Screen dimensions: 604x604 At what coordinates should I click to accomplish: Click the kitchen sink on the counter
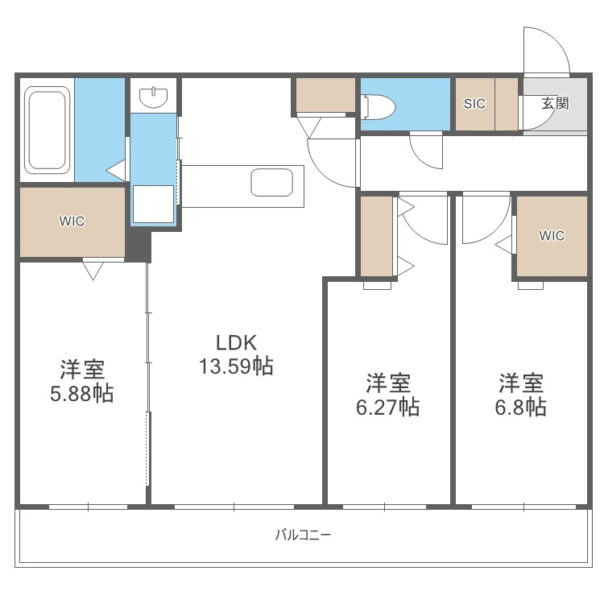(266, 182)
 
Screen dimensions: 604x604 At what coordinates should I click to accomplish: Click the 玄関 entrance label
(555, 103)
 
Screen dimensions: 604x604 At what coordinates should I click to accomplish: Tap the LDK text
(235, 341)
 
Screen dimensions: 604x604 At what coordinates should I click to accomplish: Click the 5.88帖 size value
(81, 394)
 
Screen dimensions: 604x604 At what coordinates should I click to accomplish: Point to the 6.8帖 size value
(520, 407)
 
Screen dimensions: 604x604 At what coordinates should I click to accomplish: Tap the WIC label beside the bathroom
(71, 221)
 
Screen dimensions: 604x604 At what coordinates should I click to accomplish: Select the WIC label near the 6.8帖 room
(552, 236)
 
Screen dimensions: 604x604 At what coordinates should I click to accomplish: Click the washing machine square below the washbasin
(153, 204)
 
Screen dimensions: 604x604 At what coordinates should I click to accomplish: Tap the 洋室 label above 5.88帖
(81, 370)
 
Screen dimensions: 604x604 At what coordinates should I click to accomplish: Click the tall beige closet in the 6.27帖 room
(376, 237)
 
